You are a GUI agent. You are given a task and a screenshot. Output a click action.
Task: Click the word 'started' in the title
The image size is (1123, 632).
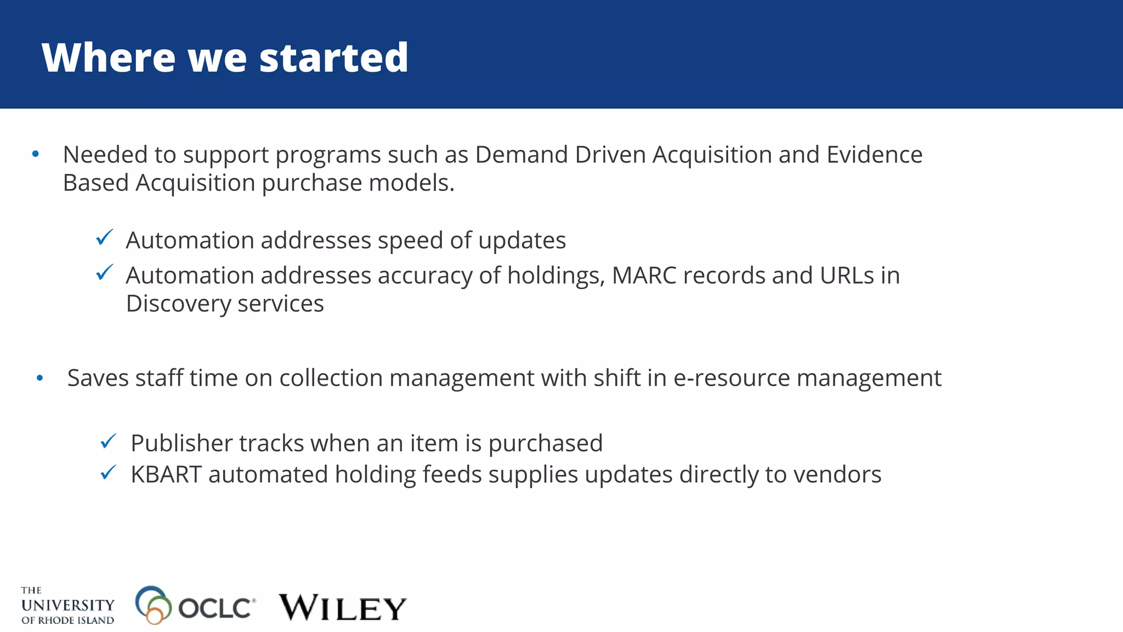333,58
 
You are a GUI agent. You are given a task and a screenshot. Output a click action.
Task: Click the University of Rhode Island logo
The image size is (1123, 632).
67,606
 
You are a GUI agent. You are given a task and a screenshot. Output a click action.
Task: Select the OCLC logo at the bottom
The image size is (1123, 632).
195,606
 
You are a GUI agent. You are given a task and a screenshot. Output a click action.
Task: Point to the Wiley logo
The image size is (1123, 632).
342,607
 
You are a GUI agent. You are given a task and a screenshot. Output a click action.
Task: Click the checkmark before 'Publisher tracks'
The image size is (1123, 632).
108,441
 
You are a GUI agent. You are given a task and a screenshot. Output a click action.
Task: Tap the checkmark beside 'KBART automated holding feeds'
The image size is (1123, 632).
108,472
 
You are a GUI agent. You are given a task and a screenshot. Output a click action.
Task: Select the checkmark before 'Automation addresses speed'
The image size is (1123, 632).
104,238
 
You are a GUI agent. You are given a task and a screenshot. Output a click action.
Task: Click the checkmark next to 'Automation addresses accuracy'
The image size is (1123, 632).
104,273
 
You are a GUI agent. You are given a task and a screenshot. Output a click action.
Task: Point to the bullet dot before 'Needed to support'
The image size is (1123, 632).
36,154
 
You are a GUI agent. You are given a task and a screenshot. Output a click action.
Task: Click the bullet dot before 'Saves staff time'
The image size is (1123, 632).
39,378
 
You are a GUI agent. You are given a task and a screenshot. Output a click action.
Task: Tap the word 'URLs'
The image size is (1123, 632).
847,275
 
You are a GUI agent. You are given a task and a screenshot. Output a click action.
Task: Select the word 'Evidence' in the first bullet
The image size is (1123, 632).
874,155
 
